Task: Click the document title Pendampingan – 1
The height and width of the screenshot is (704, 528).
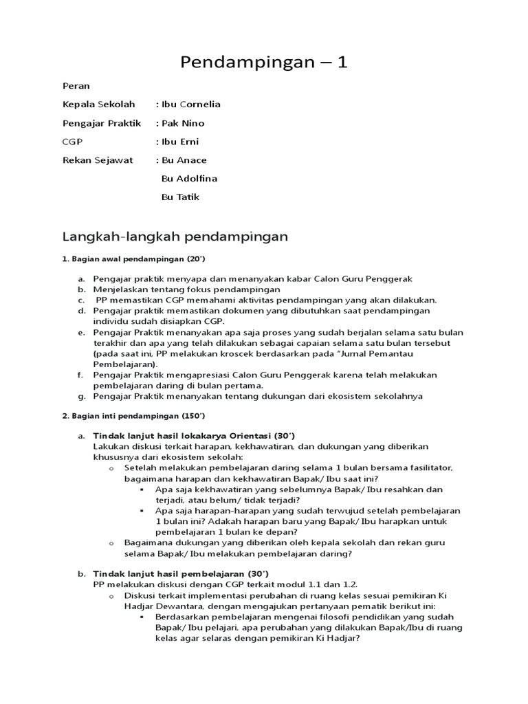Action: point(264,63)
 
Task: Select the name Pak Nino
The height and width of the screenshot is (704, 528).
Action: point(182,123)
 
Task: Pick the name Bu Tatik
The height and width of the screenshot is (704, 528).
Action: point(180,197)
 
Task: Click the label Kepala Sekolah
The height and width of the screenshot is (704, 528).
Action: point(99,104)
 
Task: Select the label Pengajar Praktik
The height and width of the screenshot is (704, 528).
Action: point(102,123)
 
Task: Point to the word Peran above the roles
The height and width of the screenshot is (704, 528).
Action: point(76,86)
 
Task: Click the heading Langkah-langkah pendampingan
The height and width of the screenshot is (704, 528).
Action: point(175,236)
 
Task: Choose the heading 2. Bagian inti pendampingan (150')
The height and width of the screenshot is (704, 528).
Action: point(134,417)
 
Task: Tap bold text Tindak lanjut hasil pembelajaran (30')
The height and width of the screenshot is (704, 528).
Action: point(181,573)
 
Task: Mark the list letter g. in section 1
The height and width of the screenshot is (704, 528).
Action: point(80,396)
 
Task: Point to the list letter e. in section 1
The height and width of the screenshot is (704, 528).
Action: point(80,333)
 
